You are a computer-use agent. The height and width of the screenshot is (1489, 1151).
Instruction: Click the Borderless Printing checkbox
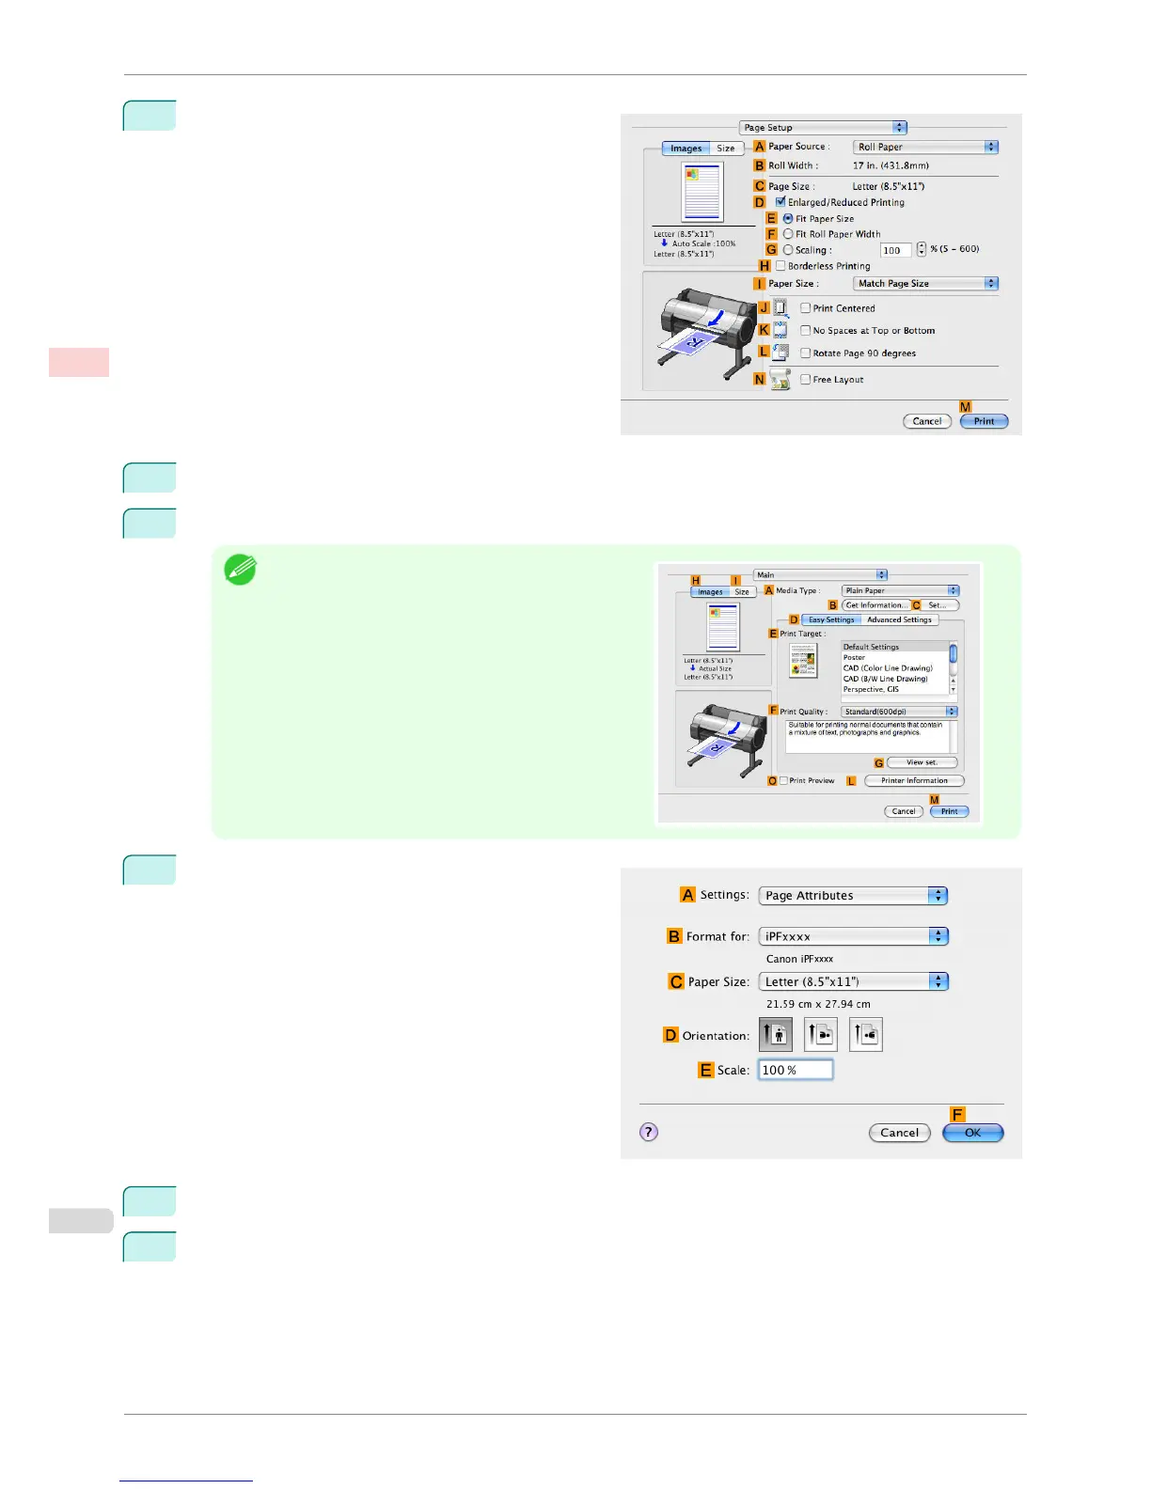tap(780, 266)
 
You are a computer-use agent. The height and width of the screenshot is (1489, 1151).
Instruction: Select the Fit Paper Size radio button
tap(788, 218)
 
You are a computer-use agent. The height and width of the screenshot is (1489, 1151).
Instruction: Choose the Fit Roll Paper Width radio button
tap(788, 234)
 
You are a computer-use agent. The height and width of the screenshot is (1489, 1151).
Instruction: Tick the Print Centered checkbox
tap(805, 308)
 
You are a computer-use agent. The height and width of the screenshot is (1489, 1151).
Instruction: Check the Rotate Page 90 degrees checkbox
tap(805, 353)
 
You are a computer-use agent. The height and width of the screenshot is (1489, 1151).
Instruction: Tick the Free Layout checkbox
tap(805, 380)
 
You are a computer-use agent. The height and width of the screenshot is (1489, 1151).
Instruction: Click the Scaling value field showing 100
tap(894, 250)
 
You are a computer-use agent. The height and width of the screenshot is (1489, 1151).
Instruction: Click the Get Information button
tap(875, 605)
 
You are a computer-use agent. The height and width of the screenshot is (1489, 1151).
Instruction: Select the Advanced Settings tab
tap(899, 619)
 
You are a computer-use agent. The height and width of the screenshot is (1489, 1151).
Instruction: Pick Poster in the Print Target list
tap(855, 657)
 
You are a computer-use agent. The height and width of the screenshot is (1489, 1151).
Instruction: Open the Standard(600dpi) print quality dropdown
tap(898, 712)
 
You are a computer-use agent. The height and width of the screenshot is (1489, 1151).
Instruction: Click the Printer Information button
tap(914, 780)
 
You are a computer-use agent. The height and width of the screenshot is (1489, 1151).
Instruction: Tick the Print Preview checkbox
tap(784, 780)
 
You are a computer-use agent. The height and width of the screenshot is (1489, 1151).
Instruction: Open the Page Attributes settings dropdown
tap(852, 896)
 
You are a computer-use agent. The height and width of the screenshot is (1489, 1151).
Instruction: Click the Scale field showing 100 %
tap(795, 1070)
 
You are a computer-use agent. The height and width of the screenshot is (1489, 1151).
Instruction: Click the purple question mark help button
tap(649, 1132)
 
